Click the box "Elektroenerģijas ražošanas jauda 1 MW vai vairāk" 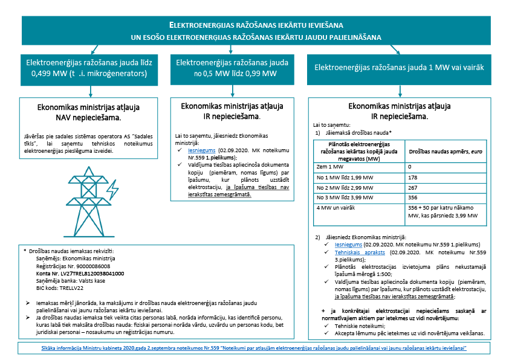point(398,67)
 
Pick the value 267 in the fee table point(412,187)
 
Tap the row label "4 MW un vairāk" point(335,208)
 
